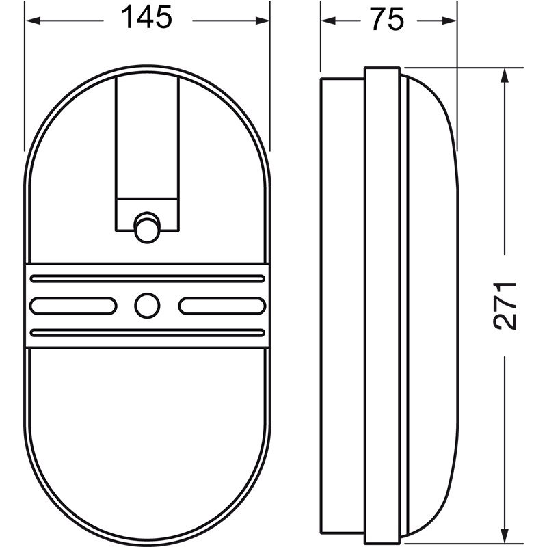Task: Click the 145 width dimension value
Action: pyautogui.click(x=146, y=18)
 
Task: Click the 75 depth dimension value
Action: pyautogui.click(x=388, y=19)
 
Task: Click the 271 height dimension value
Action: pyautogui.click(x=505, y=306)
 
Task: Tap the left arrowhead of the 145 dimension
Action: pyautogui.click(x=34, y=21)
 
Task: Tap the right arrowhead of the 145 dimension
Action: pyautogui.click(x=263, y=21)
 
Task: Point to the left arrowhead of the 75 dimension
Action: pyautogui.click(x=328, y=21)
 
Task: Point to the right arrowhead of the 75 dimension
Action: pyautogui.click(x=449, y=21)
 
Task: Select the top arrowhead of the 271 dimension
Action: pyautogui.click(x=504, y=75)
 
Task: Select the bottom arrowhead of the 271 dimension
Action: pyautogui.click(x=504, y=536)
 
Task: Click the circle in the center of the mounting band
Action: pyautogui.click(x=147, y=306)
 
